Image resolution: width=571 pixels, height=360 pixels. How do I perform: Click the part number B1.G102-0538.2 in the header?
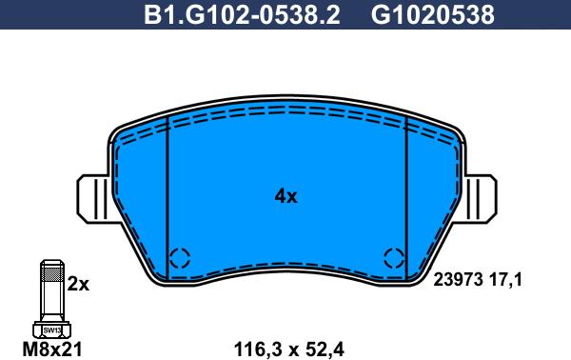[242, 15]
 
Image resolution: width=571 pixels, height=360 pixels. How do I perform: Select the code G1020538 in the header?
[433, 15]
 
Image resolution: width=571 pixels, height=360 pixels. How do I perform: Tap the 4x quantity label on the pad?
[285, 197]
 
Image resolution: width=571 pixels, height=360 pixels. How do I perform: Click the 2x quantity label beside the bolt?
[78, 284]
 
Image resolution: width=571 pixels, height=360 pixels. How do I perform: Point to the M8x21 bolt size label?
[52, 350]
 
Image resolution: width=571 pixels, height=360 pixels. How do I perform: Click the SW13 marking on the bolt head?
[52, 330]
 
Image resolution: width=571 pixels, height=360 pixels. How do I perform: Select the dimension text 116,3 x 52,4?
[288, 350]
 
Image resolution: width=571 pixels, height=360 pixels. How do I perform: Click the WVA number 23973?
[458, 280]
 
